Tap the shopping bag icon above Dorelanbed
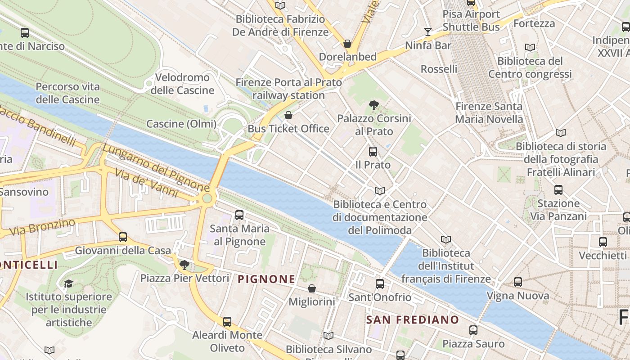(347, 44)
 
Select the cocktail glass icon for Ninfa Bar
(427, 31)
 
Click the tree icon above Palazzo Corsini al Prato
(373, 106)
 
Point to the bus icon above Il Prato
(373, 152)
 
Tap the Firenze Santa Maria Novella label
(489, 113)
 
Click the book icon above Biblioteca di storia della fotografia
(560, 133)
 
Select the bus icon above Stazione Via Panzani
(558, 190)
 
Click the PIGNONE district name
(266, 279)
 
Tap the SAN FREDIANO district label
(412, 320)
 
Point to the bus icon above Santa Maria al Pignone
(239, 215)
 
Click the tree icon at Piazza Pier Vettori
(184, 265)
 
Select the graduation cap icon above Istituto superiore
(68, 283)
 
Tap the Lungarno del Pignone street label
(156, 167)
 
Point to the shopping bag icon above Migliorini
(311, 288)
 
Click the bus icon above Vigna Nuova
(518, 283)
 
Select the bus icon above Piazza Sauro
(473, 330)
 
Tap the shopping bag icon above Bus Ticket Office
(288, 116)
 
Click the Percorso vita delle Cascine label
(67, 93)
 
